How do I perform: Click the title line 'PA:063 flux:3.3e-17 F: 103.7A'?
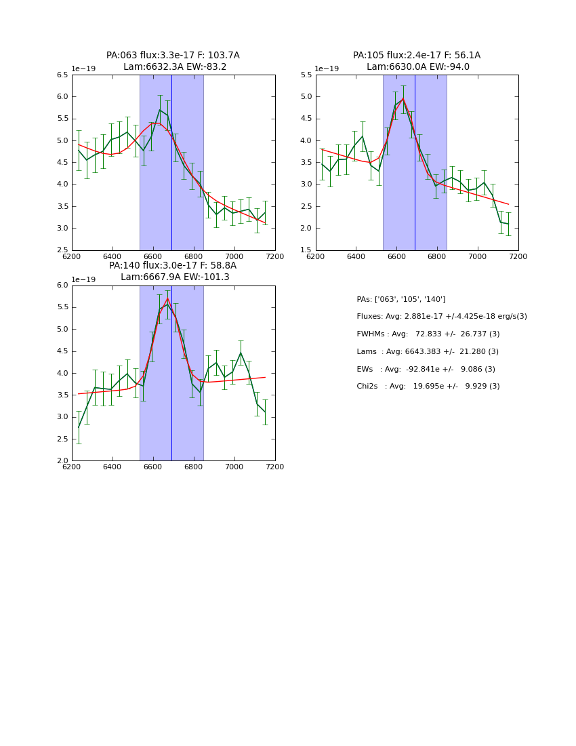173,56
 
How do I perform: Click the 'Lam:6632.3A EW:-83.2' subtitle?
175,67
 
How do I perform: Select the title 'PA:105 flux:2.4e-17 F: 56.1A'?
417,56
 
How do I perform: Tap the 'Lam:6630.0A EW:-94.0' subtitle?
418,67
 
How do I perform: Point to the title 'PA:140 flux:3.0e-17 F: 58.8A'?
173,266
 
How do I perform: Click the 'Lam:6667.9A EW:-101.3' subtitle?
175,277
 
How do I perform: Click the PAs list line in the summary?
401,299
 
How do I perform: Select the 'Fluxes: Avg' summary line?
442,317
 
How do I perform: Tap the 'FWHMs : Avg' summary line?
428,334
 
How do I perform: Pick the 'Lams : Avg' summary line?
428,352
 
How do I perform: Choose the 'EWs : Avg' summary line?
426,370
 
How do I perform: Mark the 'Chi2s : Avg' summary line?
428,387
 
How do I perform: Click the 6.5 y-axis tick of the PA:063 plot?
62,75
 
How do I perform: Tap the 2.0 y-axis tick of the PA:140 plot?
62,461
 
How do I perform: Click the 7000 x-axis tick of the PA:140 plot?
234,467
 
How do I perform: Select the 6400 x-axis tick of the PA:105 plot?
356,256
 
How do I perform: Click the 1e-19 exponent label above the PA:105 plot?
327,68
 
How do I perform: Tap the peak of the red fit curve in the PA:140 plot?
167,298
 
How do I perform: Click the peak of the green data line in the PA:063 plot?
160,110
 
